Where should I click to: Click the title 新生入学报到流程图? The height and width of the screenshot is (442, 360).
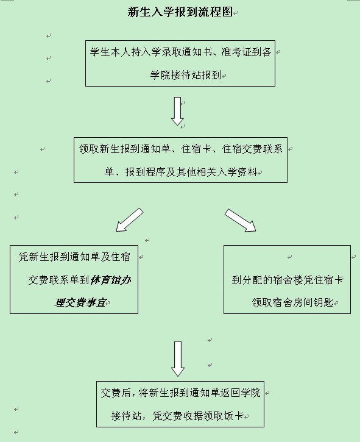(180, 12)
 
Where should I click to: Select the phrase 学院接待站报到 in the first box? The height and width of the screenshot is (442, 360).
(185, 75)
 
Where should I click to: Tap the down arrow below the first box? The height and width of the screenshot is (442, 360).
(177, 111)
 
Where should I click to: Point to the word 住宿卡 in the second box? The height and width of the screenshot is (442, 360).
(197, 149)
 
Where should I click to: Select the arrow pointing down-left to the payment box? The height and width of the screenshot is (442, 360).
(129, 220)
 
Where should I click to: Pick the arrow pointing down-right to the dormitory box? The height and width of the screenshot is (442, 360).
(240, 220)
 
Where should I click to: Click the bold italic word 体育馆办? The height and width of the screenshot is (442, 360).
(111, 280)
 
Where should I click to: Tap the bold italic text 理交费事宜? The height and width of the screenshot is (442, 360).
(80, 302)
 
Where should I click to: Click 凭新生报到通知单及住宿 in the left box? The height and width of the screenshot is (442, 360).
(74, 257)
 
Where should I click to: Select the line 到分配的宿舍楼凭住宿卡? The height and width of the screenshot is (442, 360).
(288, 280)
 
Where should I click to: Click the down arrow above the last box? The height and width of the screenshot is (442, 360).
(178, 358)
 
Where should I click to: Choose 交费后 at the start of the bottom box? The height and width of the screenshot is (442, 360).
(116, 393)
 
